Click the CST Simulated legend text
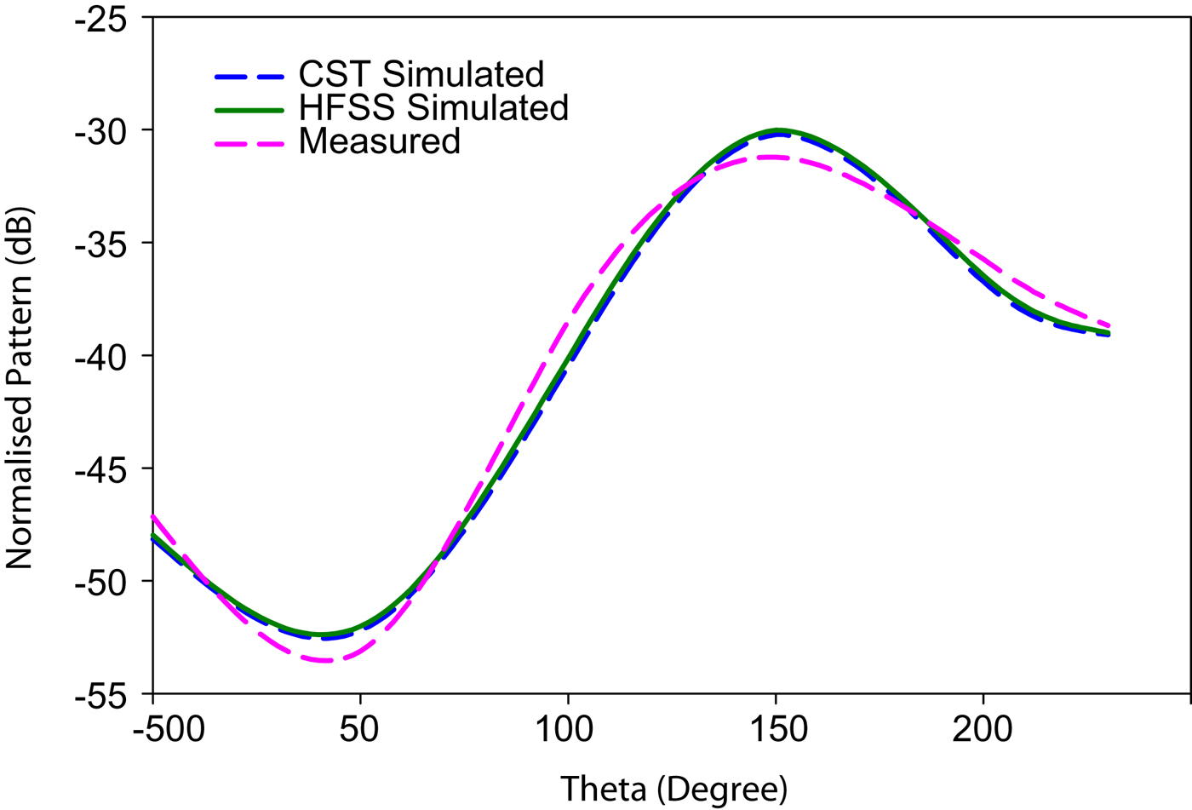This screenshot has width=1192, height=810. (421, 75)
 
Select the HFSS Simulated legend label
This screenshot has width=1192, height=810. (433, 108)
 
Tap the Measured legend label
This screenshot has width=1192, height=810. (379, 141)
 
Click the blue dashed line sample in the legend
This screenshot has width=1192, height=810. (249, 77)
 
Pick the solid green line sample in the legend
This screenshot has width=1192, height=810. (249, 110)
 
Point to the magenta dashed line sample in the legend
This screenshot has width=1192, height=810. (249, 143)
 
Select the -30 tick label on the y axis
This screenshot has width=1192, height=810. (100, 131)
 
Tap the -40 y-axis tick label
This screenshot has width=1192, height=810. (100, 357)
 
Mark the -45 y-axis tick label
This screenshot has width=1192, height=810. (100, 469)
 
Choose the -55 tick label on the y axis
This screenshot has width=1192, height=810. (100, 695)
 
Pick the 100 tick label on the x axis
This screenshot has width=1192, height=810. (568, 730)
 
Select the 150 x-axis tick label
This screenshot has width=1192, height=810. (776, 730)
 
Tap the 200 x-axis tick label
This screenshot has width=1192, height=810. (983, 730)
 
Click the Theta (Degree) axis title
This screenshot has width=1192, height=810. (673, 789)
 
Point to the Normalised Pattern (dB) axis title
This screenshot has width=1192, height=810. (19, 388)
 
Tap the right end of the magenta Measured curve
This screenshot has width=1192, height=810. (1109, 325)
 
